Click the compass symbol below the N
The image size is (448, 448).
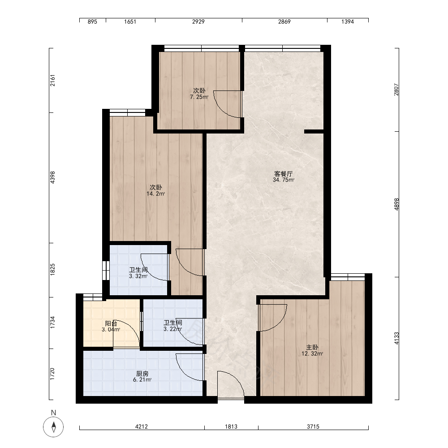tap(53, 427)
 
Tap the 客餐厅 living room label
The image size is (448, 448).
tap(284, 174)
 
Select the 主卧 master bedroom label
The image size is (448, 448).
tap(312, 348)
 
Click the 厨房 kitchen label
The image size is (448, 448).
tap(142, 374)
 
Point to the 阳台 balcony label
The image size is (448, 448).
tap(111, 323)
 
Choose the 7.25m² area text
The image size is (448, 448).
tap(199, 97)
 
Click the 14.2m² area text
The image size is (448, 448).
tap(156, 194)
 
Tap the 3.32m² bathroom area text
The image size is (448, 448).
tap(138, 276)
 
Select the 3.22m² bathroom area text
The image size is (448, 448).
tap(172, 329)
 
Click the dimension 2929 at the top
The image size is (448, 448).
tap(198, 22)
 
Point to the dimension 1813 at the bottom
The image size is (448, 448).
tap(231, 426)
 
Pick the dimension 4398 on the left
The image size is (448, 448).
tap(52, 177)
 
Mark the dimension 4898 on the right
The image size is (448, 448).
tap(396, 204)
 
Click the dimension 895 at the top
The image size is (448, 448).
tap(92, 22)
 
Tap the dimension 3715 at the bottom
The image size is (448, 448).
tap(313, 426)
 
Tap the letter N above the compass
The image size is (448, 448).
tap(53, 412)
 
